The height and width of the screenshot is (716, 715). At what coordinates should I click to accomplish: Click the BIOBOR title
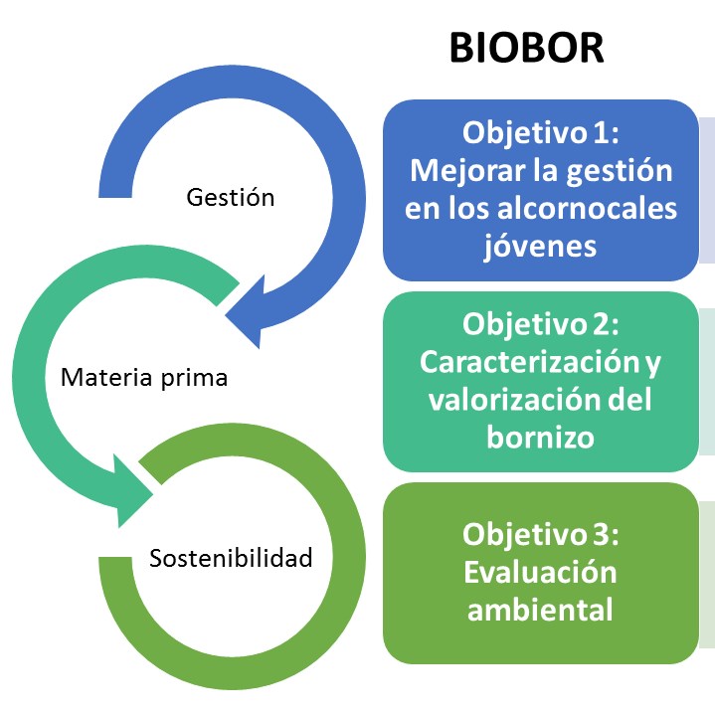[x=527, y=46]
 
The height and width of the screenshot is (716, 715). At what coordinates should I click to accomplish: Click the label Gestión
[x=231, y=197]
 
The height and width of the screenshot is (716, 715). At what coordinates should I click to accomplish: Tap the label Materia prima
[x=144, y=378]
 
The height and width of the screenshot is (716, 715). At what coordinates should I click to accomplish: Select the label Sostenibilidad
[x=231, y=557]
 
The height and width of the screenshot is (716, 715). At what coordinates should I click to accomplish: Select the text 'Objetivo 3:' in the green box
[x=541, y=534]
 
